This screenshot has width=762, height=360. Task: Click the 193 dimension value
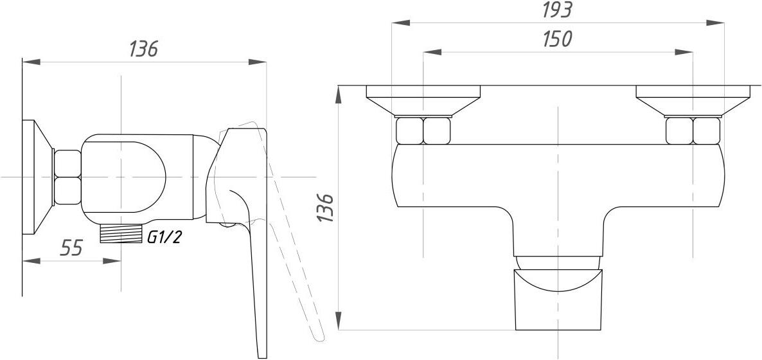(x=558, y=10)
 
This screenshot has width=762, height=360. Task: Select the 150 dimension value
(x=558, y=39)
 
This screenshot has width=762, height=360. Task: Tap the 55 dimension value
(x=71, y=248)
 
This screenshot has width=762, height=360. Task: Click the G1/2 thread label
(x=164, y=237)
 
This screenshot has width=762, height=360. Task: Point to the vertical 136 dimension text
(x=325, y=208)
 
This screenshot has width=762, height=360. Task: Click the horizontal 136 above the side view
(x=144, y=49)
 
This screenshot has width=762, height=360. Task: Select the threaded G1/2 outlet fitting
(x=121, y=233)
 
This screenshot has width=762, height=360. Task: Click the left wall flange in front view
(x=423, y=101)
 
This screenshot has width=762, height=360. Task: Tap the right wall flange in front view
(x=693, y=101)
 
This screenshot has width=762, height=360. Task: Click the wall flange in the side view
(x=37, y=177)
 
